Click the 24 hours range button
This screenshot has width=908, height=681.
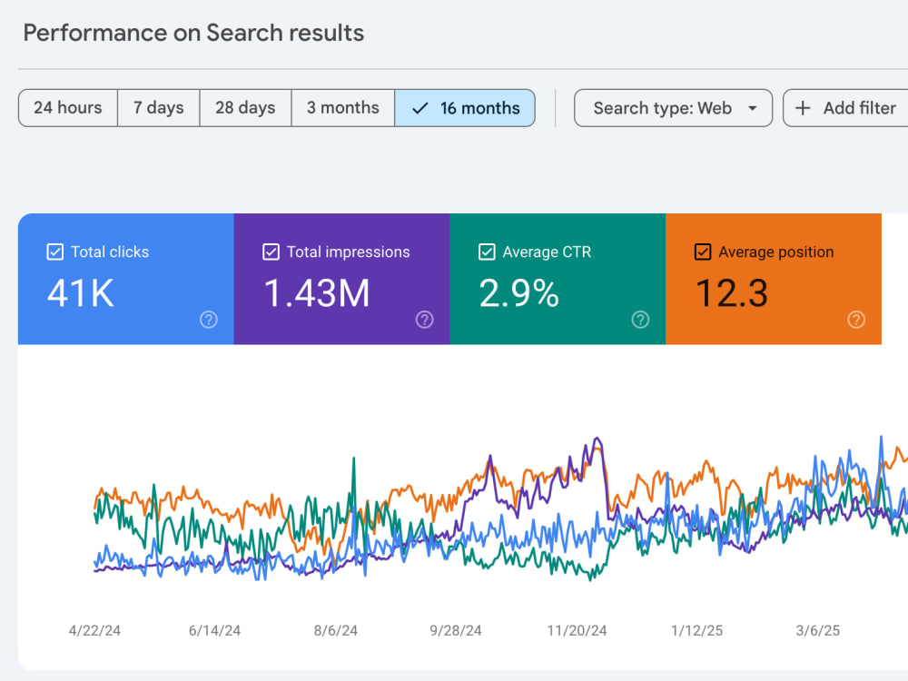point(68,108)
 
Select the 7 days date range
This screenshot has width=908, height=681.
point(159,108)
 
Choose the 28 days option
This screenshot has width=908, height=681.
point(245,108)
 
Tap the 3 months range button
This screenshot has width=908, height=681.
point(343,108)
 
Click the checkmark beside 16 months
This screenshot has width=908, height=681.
point(419,108)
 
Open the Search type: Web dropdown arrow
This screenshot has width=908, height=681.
point(752,108)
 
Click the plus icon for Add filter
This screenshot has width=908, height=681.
point(803,108)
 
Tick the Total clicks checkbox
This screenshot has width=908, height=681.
point(55,252)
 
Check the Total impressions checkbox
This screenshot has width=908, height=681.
point(271,252)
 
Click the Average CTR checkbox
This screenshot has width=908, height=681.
point(487,252)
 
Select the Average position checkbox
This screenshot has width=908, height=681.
point(703,252)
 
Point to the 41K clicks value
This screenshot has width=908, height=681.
point(81,293)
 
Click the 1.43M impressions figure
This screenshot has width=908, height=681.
point(317,293)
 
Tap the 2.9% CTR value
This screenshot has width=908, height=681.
point(518,293)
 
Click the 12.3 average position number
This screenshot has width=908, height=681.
point(732,293)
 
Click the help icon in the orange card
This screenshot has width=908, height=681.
point(856,320)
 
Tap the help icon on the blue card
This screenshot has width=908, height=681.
point(209,320)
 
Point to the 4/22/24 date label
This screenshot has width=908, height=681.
point(94,631)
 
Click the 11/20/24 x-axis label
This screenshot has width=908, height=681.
point(577,631)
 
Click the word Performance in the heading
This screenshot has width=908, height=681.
point(95,33)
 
